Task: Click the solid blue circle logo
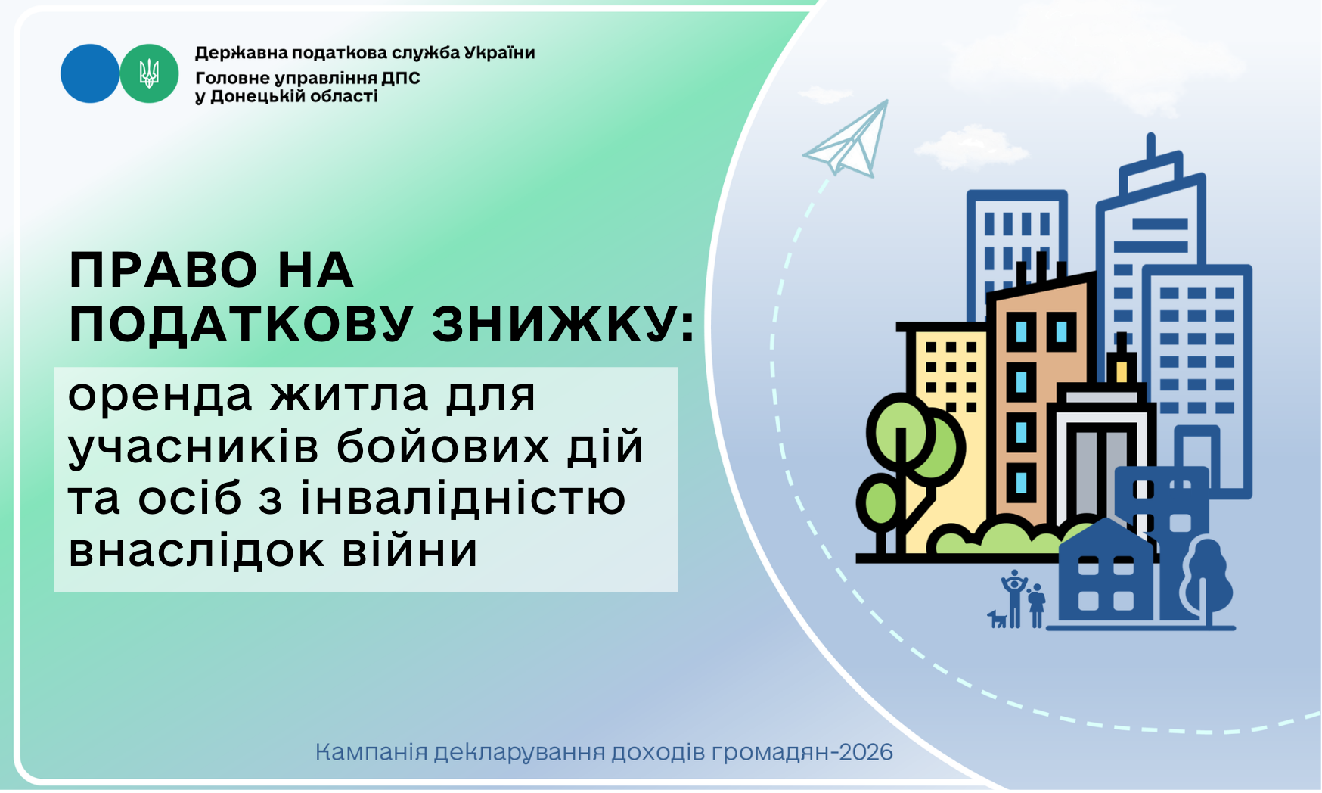pos(90,73)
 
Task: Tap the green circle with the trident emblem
pos(149,73)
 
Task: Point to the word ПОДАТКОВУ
pos(241,325)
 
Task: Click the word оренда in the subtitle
pos(160,396)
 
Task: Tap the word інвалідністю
pos(463,498)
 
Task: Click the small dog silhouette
pos(997,619)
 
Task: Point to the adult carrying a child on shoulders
pos(1014,599)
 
